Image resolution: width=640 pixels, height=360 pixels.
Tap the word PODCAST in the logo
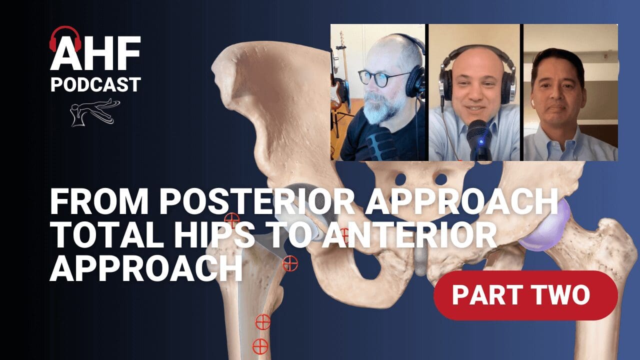click(x=95, y=84)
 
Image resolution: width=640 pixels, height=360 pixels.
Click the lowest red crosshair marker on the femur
click(x=260, y=345)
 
